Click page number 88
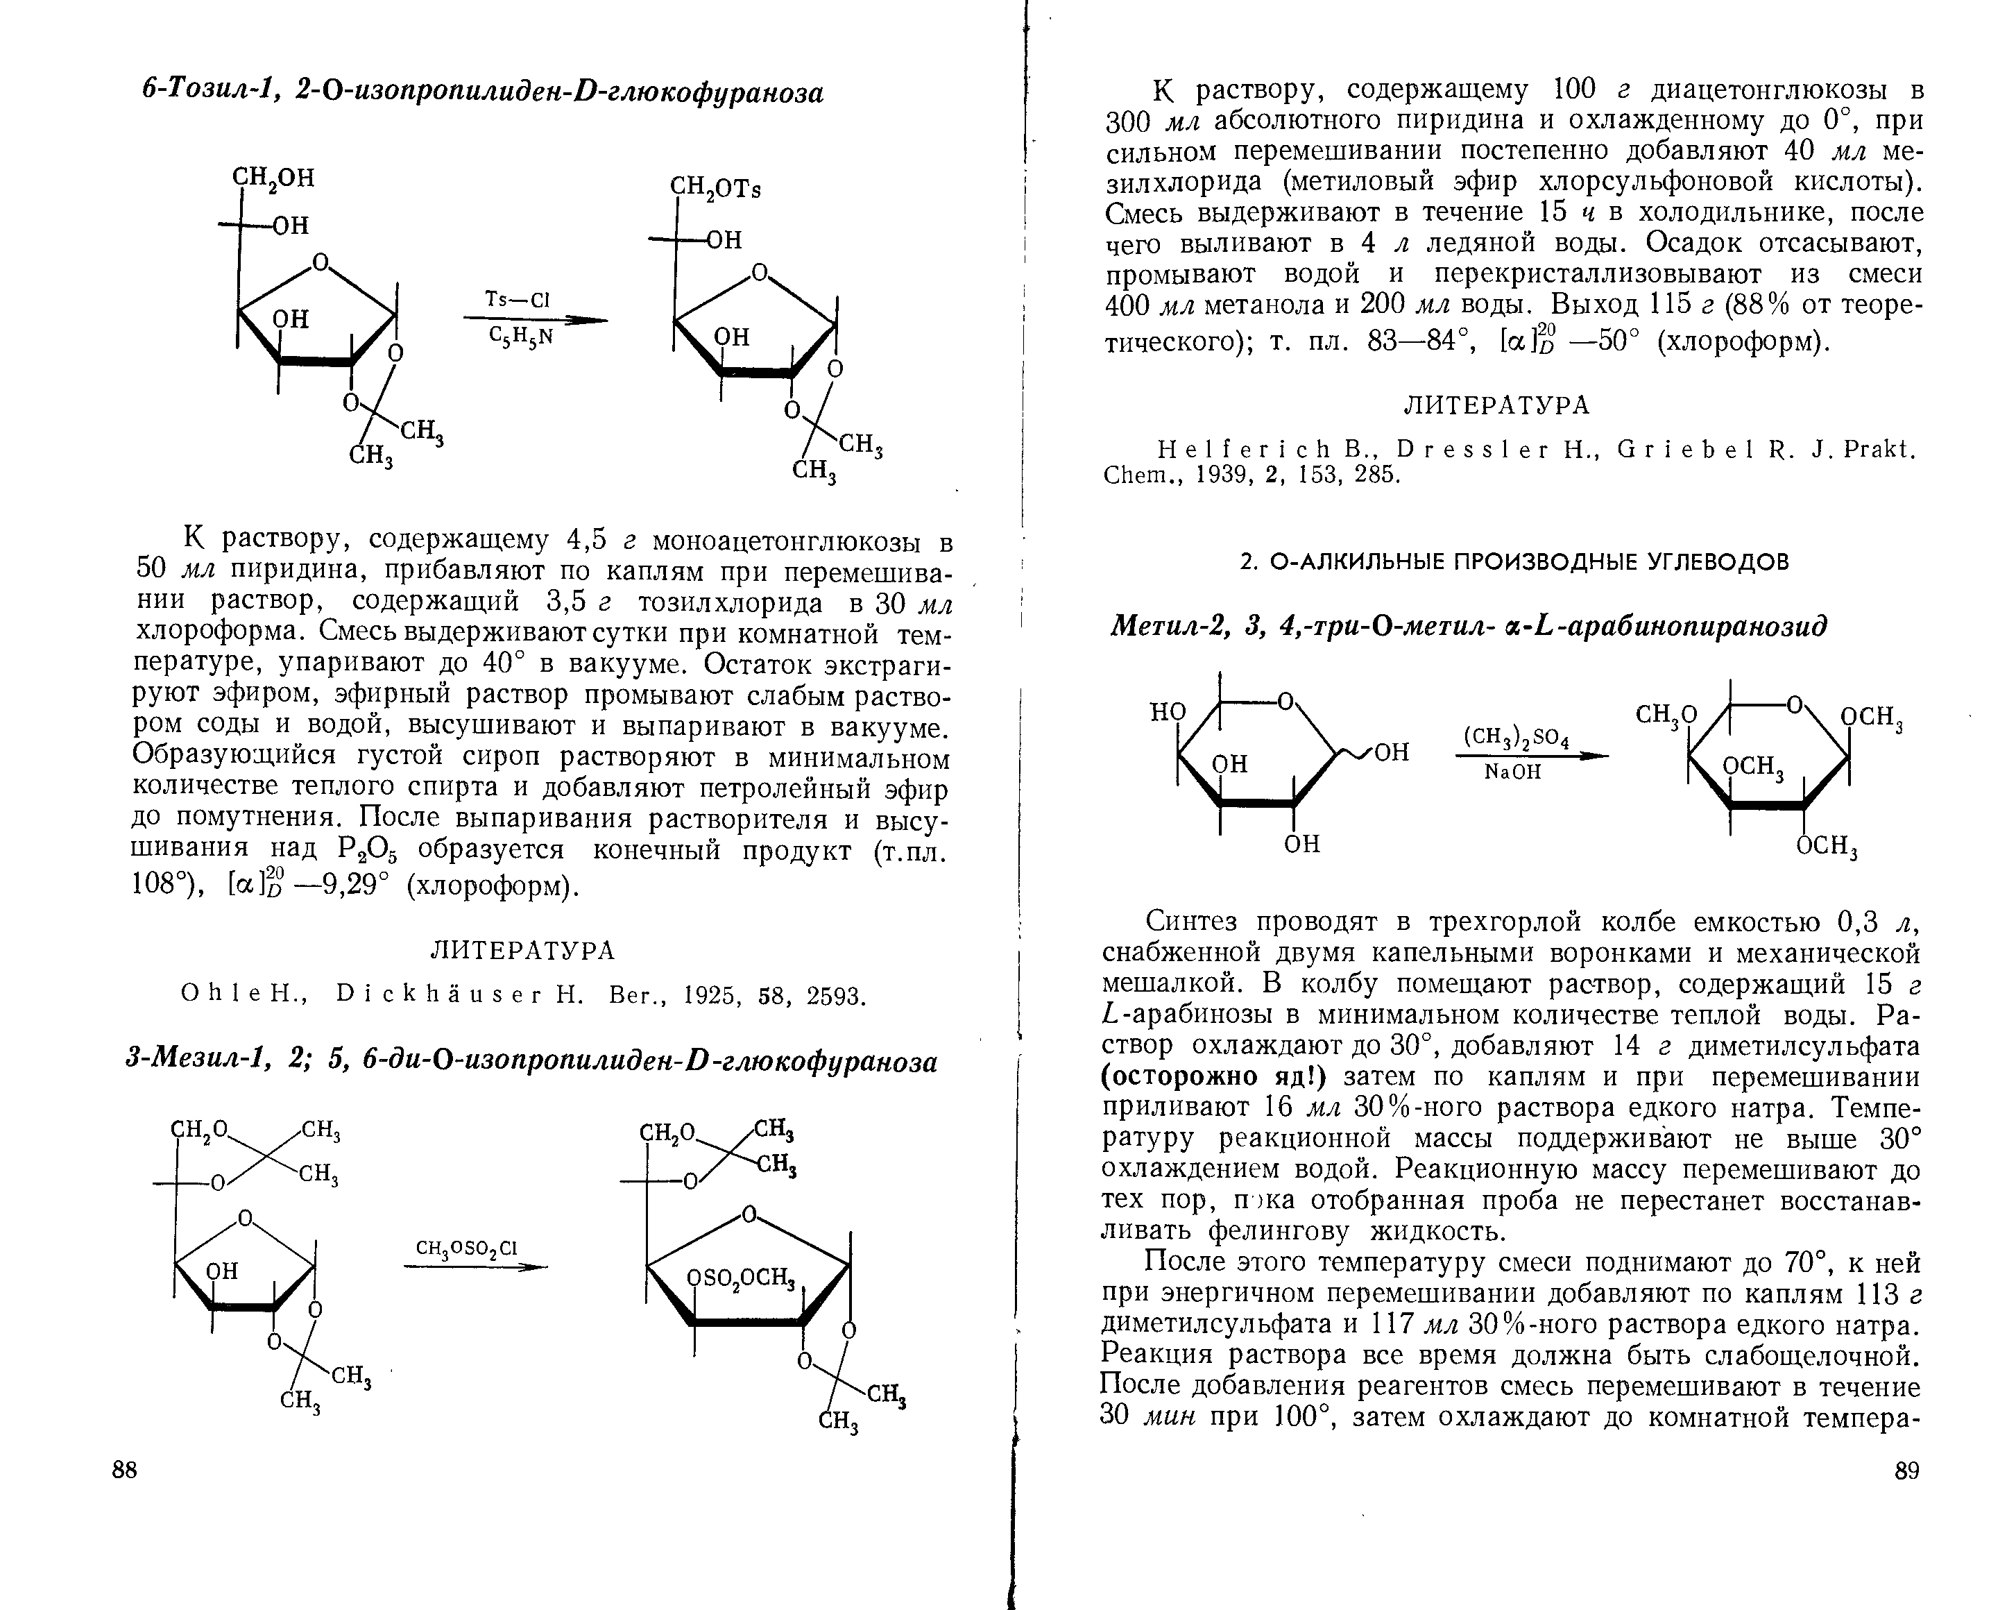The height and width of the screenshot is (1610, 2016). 124,1471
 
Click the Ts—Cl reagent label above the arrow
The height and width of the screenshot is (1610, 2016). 518,299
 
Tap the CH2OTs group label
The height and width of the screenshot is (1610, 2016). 716,188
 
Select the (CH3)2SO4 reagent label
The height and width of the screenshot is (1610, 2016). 1517,736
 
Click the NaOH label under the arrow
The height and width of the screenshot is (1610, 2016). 1512,772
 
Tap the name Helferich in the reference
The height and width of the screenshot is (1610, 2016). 1237,450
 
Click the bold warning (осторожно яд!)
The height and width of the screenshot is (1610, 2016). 1215,1077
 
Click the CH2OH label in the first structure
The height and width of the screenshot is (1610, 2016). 273,178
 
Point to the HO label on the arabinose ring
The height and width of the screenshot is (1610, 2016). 1167,713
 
